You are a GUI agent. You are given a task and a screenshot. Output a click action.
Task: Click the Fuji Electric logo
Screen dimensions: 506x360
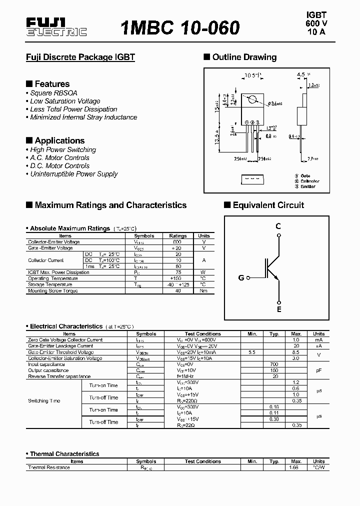pos(56,27)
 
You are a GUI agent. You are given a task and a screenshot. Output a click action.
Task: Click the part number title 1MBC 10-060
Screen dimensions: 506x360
pos(179,27)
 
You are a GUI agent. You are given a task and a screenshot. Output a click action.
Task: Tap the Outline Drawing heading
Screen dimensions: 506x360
pos(244,57)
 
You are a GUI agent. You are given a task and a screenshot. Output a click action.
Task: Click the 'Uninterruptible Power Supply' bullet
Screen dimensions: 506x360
pos(73,174)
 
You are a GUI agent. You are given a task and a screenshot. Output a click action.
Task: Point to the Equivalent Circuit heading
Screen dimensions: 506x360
pos(268,205)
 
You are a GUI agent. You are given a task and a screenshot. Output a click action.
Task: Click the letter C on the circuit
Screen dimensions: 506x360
pos(278,226)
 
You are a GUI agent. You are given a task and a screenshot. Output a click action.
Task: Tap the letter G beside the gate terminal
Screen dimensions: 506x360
pos(241,277)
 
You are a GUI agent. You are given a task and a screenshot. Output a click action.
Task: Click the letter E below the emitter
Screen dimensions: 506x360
pos(279,309)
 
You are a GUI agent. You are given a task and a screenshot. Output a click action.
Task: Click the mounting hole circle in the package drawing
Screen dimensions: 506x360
pos(254,99)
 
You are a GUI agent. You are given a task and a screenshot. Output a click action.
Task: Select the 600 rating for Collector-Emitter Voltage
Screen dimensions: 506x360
pos(178,242)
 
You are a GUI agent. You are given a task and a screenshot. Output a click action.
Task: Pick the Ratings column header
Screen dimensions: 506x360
pos(178,236)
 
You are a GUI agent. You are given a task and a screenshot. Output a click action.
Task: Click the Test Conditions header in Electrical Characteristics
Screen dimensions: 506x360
pos(202,334)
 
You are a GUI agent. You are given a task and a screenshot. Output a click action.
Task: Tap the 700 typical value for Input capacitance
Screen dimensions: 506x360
pos(274,364)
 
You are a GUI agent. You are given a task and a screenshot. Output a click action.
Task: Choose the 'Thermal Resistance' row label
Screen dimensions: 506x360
pos(49,467)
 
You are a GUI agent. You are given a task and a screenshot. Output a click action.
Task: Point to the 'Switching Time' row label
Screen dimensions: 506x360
pos(45,401)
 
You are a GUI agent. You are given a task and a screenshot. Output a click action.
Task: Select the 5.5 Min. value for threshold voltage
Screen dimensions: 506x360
pos(251,352)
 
